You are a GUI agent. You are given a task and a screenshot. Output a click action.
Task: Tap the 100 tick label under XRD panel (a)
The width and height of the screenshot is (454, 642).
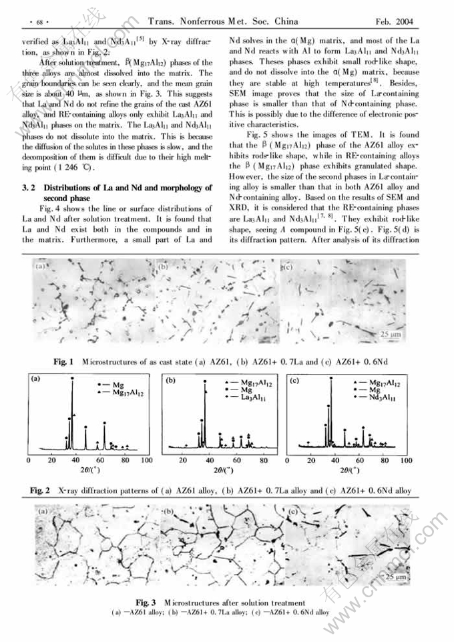point(146,460)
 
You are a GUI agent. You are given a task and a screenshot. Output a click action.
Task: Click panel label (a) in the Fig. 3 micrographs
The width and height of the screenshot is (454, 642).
point(44,512)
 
